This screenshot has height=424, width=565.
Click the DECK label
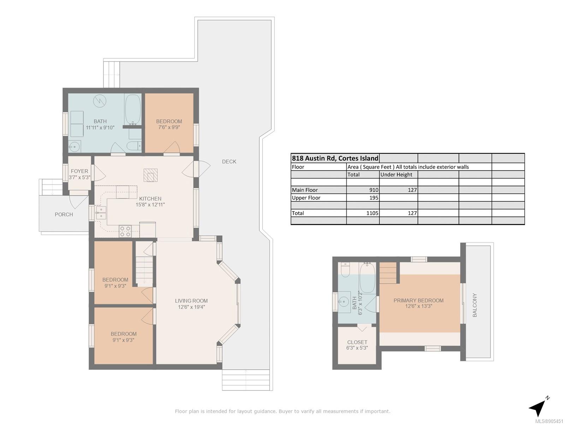[x=229, y=162]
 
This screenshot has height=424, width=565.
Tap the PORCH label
[x=64, y=214]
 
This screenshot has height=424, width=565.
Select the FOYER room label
[x=79, y=171]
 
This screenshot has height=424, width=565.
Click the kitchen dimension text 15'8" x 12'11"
[x=150, y=205]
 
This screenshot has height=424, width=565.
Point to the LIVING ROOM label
[x=191, y=301]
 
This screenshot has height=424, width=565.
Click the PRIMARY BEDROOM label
[x=418, y=300]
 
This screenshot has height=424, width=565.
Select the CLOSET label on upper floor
[x=357, y=342]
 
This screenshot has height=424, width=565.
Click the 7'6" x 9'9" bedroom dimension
[x=169, y=127]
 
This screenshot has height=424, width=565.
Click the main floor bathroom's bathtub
[x=133, y=110]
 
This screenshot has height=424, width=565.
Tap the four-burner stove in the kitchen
[x=125, y=231]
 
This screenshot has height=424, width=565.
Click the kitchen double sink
[x=101, y=213]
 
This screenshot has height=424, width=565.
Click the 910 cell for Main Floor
[x=374, y=190]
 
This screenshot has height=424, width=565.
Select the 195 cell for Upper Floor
[x=374, y=198]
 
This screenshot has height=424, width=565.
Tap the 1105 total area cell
[x=372, y=213]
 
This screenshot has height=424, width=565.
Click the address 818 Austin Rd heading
[x=335, y=158]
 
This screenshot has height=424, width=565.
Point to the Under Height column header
[x=396, y=175]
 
